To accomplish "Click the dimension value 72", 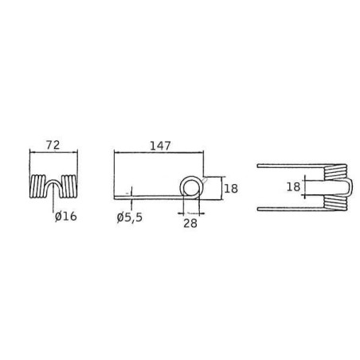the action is pyautogui.click(x=53, y=145).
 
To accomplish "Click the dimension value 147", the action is pyautogui.click(x=160, y=146).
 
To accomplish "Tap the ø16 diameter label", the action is pyautogui.click(x=66, y=217).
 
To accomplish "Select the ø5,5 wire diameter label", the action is pyautogui.click(x=130, y=217).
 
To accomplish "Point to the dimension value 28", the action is pyautogui.click(x=190, y=224).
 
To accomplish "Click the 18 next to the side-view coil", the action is pyautogui.click(x=231, y=189).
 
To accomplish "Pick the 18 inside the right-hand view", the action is pyautogui.click(x=293, y=187).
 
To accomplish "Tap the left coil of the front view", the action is pyautogui.click(x=37, y=186).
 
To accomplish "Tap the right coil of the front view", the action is pyautogui.click(x=69, y=186).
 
